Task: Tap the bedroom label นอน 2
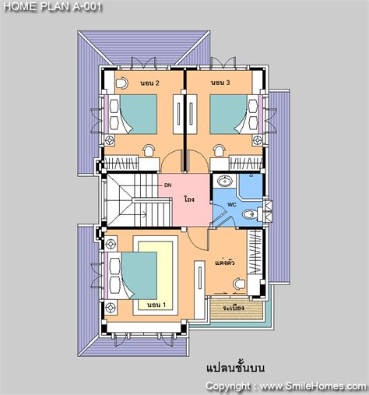pos(149,83)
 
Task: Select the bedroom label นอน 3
pos(220,83)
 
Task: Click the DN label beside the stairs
pos(167,185)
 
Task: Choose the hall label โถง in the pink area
pos(189,199)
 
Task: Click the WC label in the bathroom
pos(230,206)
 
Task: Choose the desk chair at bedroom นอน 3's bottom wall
pos(220,150)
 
